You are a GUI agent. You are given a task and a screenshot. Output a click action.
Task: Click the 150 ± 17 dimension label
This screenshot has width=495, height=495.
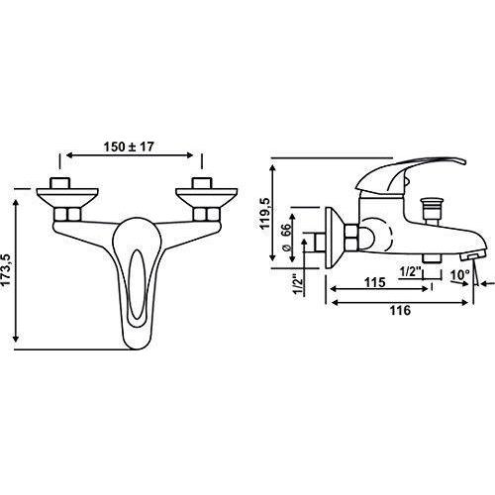[129, 147]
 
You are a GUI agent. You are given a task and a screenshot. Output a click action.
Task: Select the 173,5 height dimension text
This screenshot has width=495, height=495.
[7, 270]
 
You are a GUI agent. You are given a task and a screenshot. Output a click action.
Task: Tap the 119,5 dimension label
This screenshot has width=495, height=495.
[265, 213]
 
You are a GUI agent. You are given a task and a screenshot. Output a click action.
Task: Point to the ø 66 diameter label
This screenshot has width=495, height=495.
[286, 237]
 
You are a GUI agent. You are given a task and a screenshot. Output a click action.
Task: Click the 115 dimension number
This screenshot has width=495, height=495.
[374, 282]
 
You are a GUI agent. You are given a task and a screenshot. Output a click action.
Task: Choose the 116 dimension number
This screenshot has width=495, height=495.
[400, 311]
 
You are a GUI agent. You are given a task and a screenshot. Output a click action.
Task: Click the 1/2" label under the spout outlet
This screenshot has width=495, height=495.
[411, 273]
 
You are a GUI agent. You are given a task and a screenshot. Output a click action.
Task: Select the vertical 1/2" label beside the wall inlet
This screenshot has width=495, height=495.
[298, 283]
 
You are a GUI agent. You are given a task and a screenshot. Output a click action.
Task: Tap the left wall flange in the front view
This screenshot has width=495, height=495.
[67, 198]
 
